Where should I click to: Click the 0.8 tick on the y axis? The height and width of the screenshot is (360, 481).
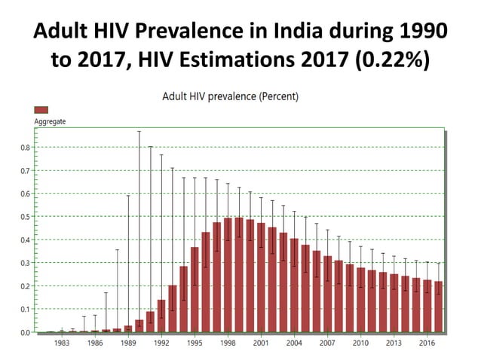click(x=26, y=148)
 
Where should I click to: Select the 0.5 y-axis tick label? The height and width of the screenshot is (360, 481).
click(x=26, y=217)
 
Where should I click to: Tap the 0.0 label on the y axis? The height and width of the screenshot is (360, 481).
click(x=26, y=332)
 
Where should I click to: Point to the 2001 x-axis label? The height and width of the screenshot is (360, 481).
click(x=261, y=343)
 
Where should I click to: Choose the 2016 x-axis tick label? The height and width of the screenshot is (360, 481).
click(x=427, y=343)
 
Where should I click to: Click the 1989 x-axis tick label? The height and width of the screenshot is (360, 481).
click(x=128, y=343)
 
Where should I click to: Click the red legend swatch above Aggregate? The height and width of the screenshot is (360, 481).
click(x=41, y=110)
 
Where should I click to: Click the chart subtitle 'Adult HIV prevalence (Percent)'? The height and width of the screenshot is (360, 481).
click(x=230, y=96)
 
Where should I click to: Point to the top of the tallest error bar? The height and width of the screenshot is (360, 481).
click(x=139, y=132)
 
